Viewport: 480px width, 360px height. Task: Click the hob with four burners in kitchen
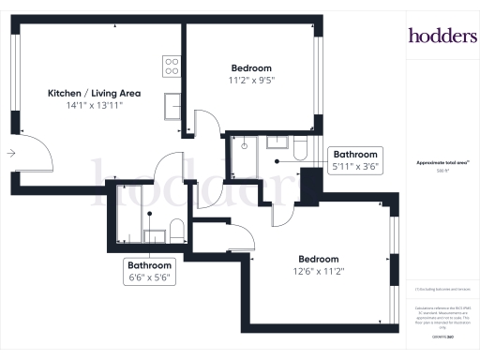pyautogui.click(x=172, y=66)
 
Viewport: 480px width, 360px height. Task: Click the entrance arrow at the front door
pyautogui.click(x=10, y=152)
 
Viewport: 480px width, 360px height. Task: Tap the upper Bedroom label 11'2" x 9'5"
pyautogui.click(x=251, y=74)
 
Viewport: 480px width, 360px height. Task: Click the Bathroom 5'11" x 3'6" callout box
pyautogui.click(x=354, y=160)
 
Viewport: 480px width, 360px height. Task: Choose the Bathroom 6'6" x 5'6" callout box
pyautogui.click(x=152, y=271)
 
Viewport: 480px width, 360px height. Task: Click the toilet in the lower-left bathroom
pyautogui.click(x=175, y=228)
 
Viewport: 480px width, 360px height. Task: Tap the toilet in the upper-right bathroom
pyautogui.click(x=299, y=147)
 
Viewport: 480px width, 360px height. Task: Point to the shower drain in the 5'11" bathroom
pyautogui.click(x=244, y=145)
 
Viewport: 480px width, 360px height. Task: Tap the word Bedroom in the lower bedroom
pyautogui.click(x=318, y=259)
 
